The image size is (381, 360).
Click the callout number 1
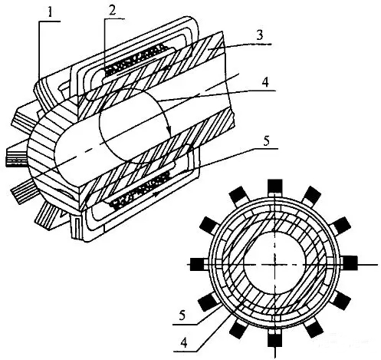pos(50,12)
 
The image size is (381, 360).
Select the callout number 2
pos(111,9)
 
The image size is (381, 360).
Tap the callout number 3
pos(259,35)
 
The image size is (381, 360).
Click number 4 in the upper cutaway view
pos(265,82)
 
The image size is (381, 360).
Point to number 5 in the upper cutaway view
pos(266,140)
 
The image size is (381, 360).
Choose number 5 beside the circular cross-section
pos(182,315)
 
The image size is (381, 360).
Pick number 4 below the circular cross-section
pos(183,343)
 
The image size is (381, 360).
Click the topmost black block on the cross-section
pos(275,187)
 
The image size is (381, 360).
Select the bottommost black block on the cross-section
pos(274,339)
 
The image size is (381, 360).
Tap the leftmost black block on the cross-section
pos(197,264)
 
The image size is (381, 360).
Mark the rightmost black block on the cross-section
pos(350,263)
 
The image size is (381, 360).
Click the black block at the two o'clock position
pos(342,225)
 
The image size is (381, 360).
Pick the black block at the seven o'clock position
pos(238,329)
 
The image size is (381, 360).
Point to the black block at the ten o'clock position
pos(208,224)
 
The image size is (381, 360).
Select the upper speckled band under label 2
pos(135,60)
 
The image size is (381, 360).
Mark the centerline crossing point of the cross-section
pos(274,264)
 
